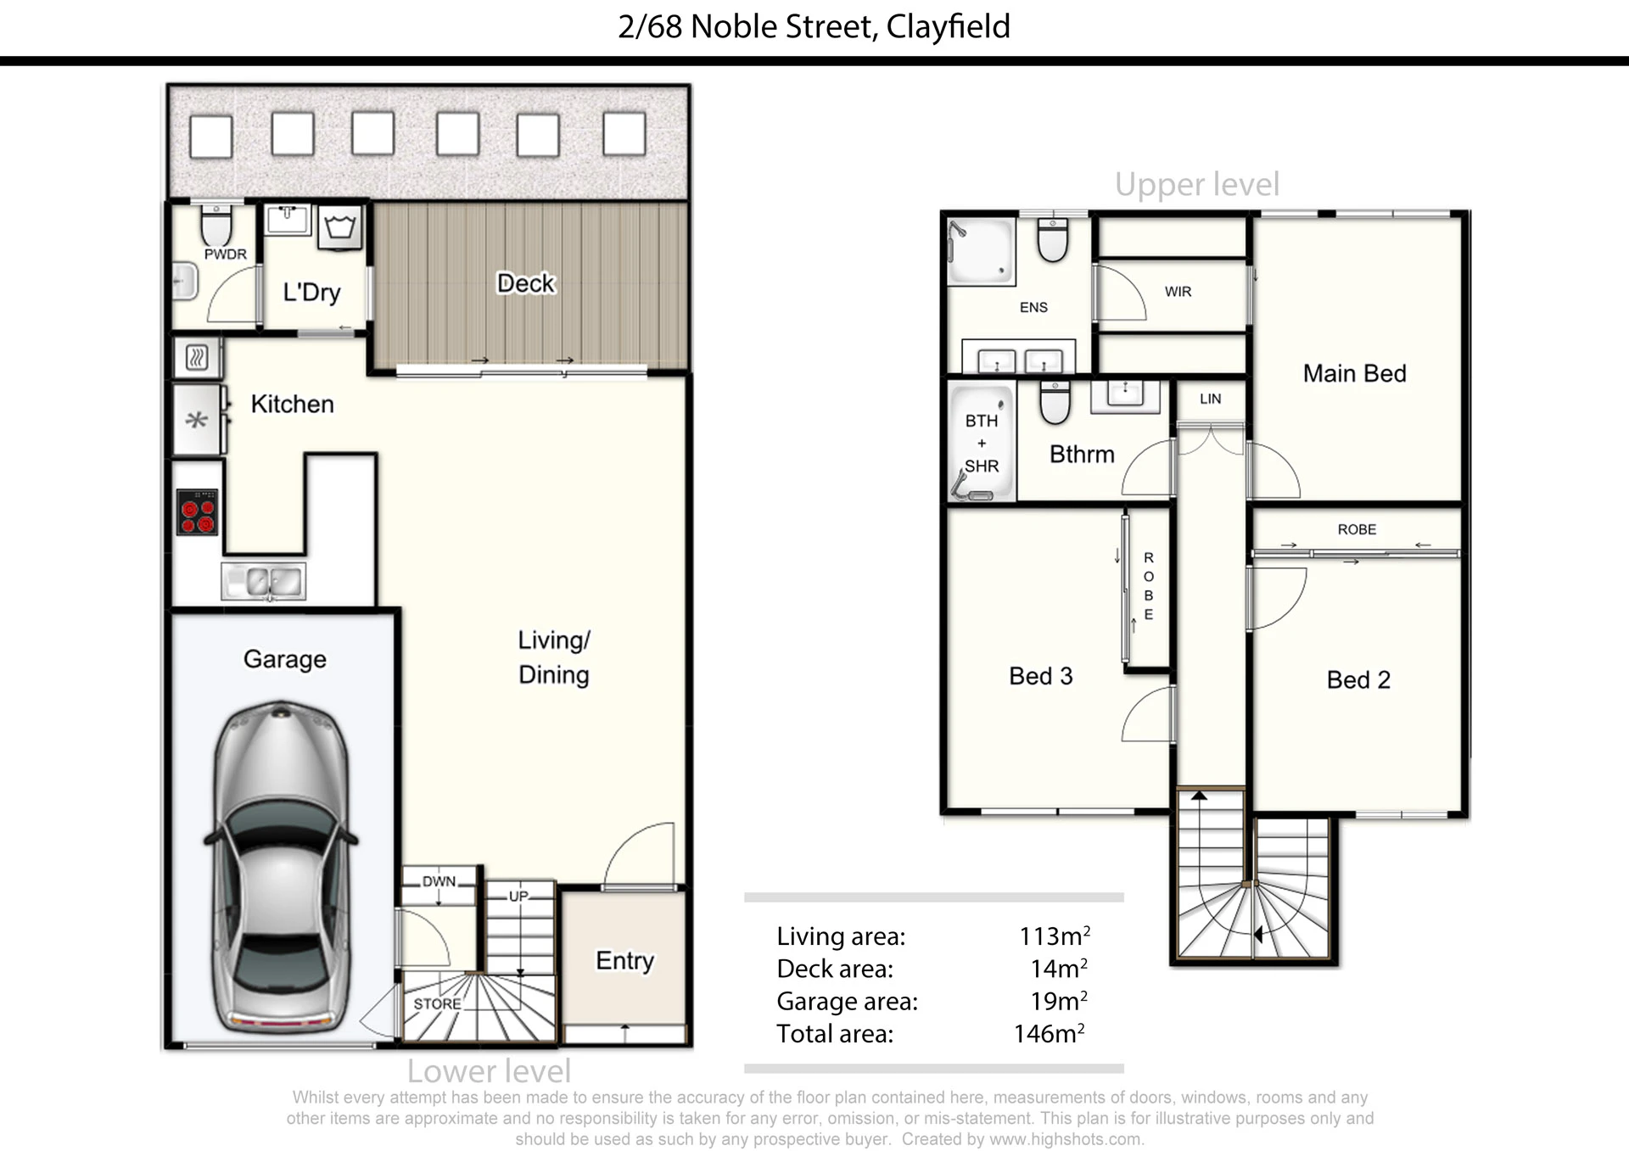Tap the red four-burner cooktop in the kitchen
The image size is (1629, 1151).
pos(197,512)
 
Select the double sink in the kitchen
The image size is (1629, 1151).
pos(264,582)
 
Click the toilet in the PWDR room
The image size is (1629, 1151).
pos(216,226)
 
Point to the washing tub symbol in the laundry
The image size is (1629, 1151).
pos(341,227)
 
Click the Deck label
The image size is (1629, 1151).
pos(526,283)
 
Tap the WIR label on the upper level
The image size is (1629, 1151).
pos(1178,292)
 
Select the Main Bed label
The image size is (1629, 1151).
pos(1354,373)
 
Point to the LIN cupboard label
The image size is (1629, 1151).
pos(1211,399)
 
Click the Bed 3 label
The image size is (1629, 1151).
pos(1041,676)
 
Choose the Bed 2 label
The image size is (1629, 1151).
pos(1358,679)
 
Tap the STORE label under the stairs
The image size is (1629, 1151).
pos(437,1003)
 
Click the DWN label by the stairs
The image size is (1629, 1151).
pos(439,881)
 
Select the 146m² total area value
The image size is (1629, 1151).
pos(1050,1033)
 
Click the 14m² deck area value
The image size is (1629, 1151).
pos(1059,968)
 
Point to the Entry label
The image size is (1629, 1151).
pos(624,961)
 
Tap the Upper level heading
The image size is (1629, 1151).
pos(1197,184)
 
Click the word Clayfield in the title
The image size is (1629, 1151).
pos(949,26)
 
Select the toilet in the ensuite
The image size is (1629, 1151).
pos(1053,239)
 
